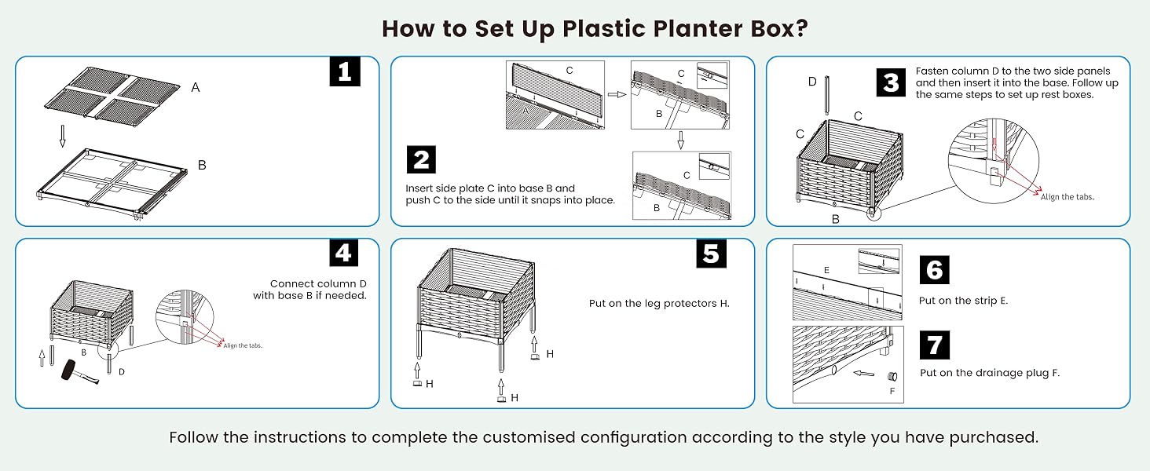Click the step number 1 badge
tap(344, 71)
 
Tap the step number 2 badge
tap(421, 159)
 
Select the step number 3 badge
tap(891, 82)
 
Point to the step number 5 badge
tap(710, 254)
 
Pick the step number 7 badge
tap(934, 345)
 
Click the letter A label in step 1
tap(196, 88)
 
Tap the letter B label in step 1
tap(202, 166)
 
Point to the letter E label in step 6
tap(826, 269)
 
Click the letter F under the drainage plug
tap(892, 390)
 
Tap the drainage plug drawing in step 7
tap(892, 374)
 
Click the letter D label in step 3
tap(812, 82)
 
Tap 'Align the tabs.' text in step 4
tap(243, 345)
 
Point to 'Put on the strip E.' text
tap(963, 301)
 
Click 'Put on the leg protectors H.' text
tap(659, 303)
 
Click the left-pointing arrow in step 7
tap(863, 374)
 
